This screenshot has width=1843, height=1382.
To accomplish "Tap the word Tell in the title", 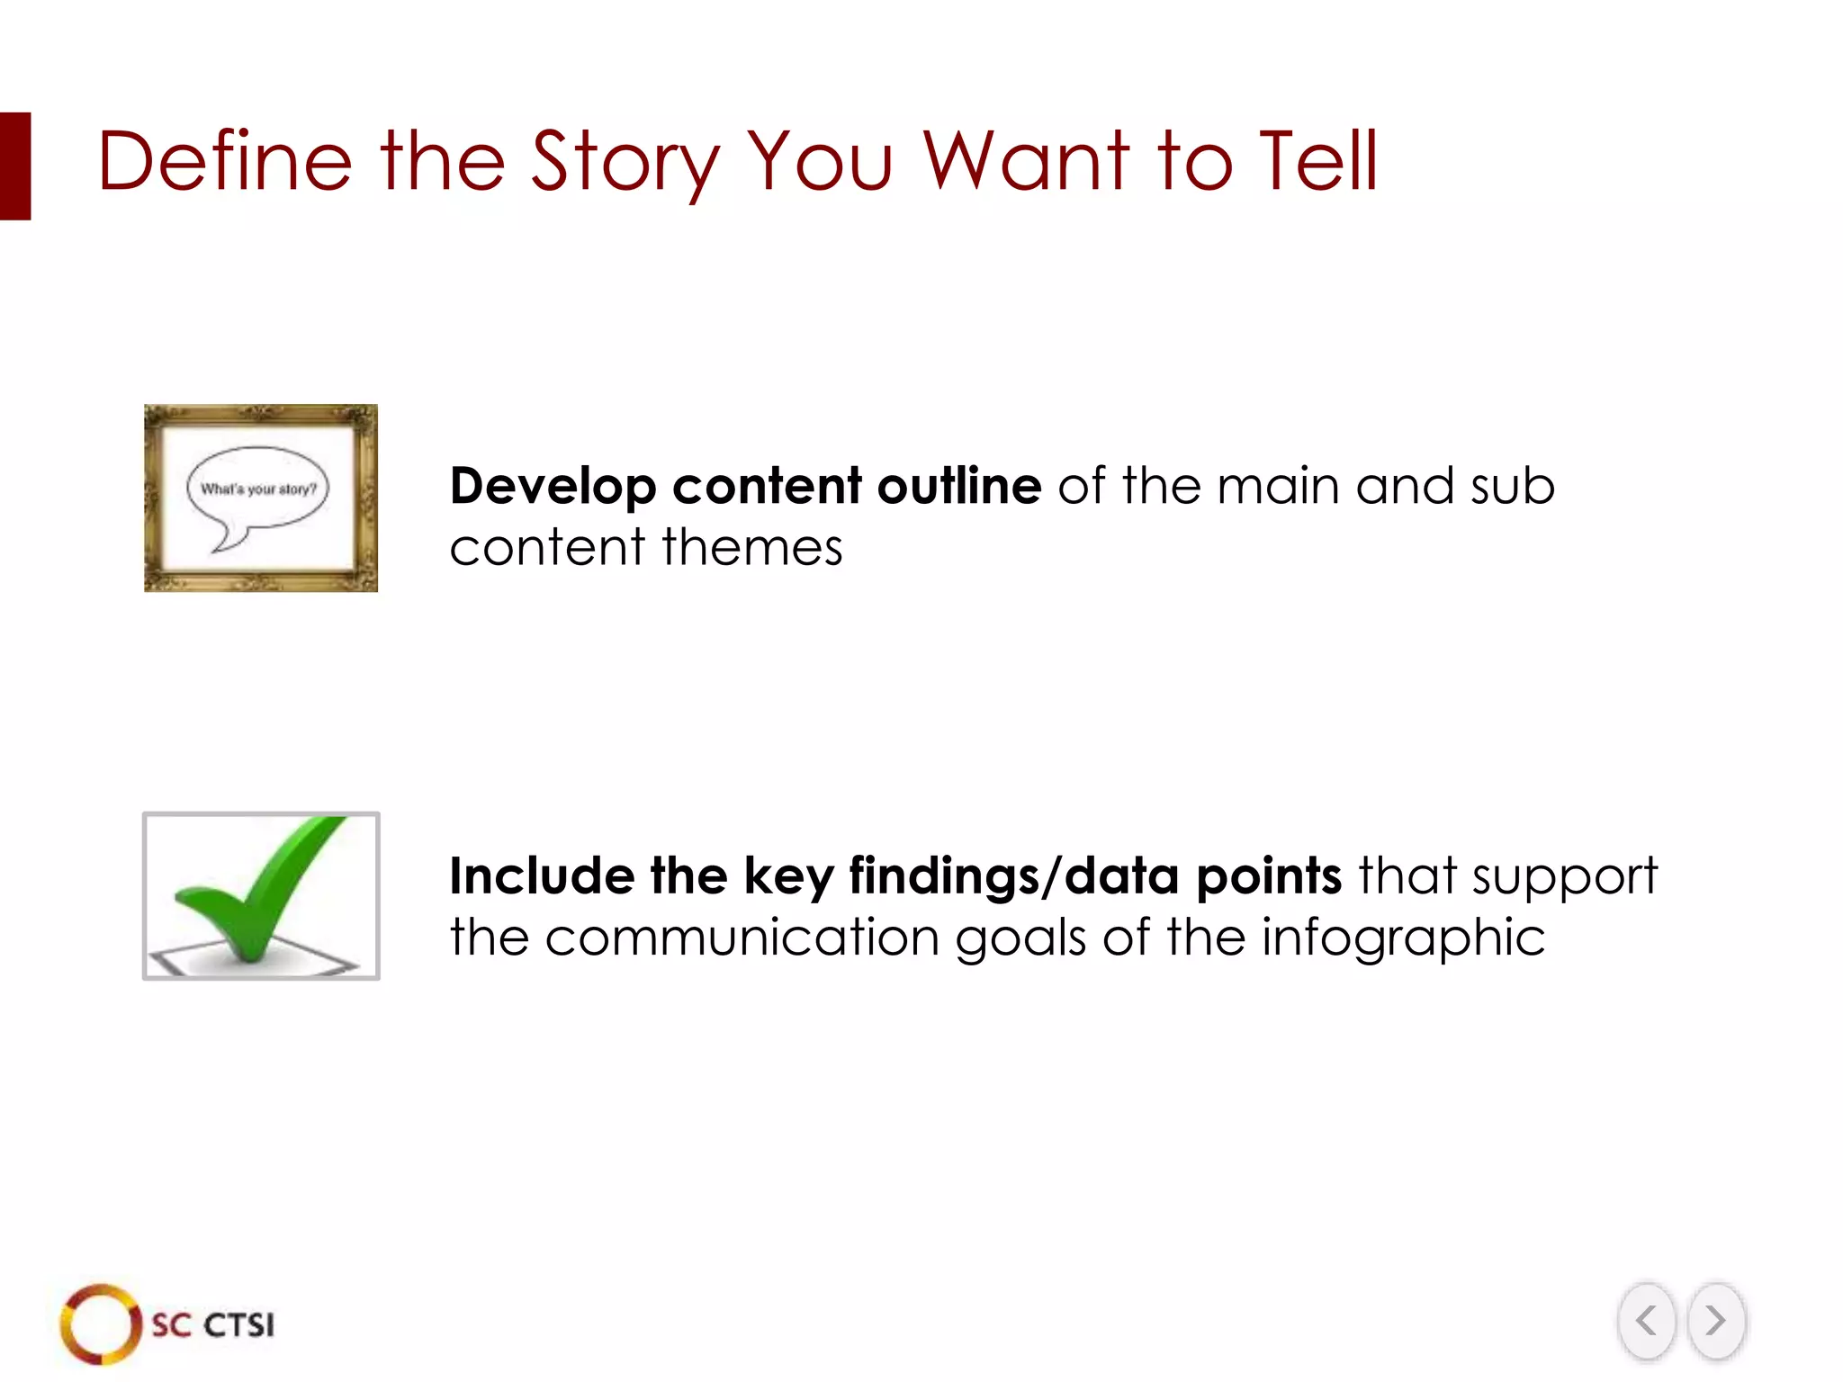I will pyautogui.click(x=1317, y=162).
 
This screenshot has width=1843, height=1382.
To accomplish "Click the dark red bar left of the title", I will pyautogui.click(x=15, y=166).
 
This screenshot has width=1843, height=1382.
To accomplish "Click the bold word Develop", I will pyautogui.click(x=553, y=488).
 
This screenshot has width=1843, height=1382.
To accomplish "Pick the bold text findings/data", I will pyautogui.click(x=1013, y=877).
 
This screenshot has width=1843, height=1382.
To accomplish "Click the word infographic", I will pyautogui.click(x=1403, y=939).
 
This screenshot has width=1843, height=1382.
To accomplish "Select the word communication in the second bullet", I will pyautogui.click(x=742, y=938).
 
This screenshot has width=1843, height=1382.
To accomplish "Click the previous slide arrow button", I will pyautogui.click(x=1646, y=1321).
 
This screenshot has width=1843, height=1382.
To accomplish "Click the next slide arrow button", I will pyautogui.click(x=1716, y=1321).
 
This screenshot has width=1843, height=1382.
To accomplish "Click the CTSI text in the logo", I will pyautogui.click(x=238, y=1325).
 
